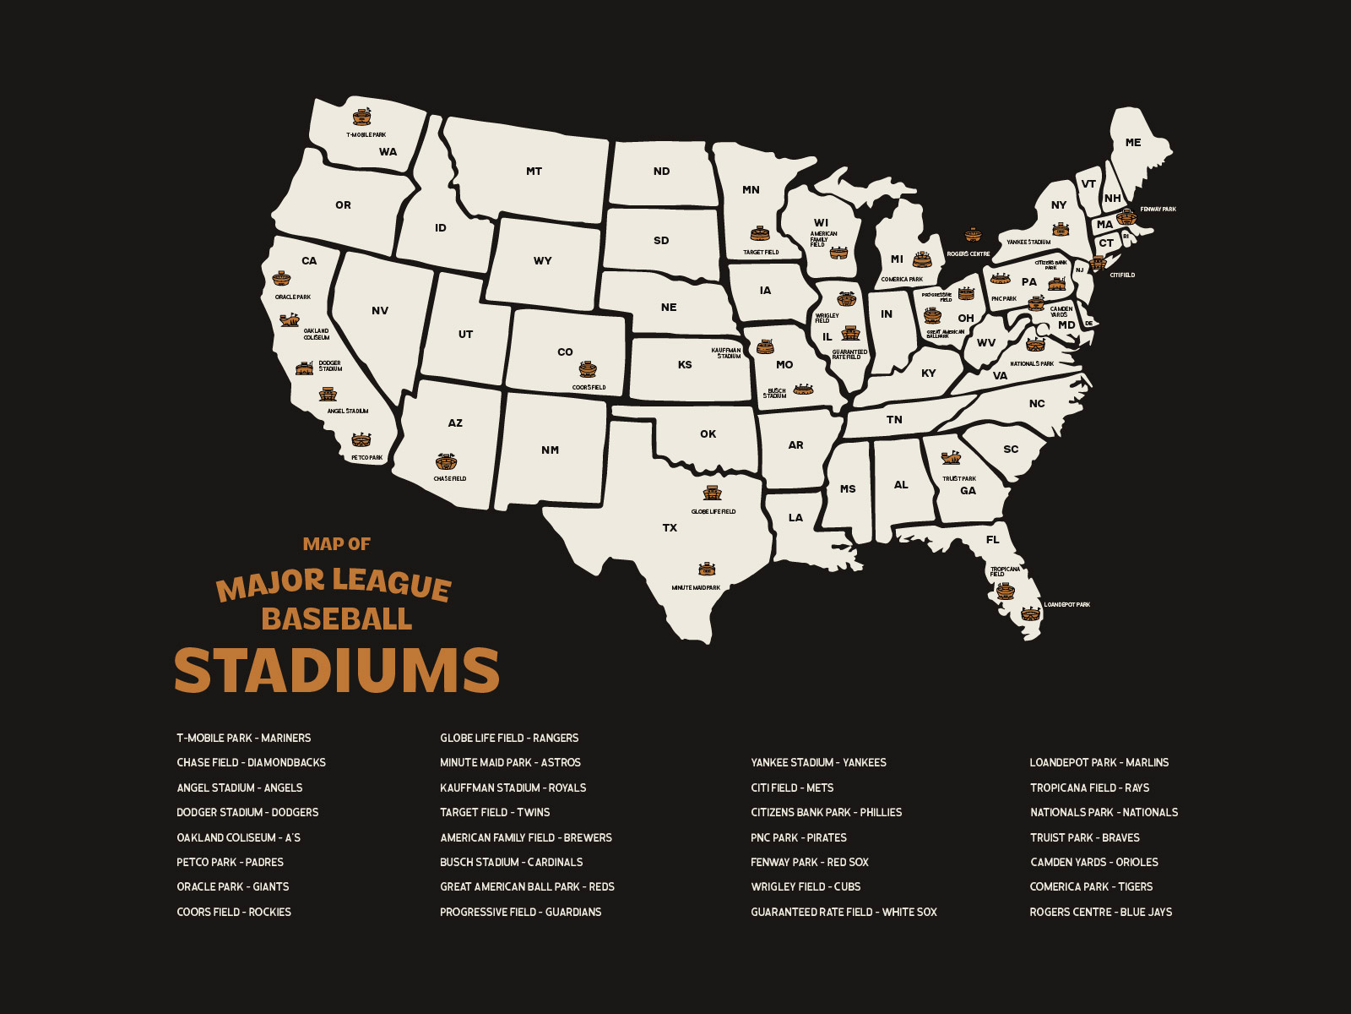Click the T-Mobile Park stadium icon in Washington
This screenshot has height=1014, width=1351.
[x=362, y=117]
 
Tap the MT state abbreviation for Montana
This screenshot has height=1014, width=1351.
[x=534, y=172]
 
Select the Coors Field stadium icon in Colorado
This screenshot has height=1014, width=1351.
[x=588, y=369]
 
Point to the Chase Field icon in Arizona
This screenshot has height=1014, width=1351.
[x=447, y=462]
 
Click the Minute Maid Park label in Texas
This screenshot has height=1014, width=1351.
[x=696, y=587]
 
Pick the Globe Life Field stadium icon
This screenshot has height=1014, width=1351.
[x=713, y=493]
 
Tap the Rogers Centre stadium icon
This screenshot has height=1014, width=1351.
[x=973, y=235]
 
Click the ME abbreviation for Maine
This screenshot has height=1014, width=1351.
[x=1133, y=143]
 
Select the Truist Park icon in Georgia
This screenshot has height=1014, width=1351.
[x=952, y=458]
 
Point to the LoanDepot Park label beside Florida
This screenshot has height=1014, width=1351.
[x=1066, y=605]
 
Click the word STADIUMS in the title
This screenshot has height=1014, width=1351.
[x=337, y=671]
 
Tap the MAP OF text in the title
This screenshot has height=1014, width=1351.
[x=337, y=544]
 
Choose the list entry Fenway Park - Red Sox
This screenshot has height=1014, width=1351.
[x=809, y=862]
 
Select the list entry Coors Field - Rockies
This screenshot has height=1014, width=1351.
[x=234, y=912]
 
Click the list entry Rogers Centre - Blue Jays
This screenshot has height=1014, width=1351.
[x=1100, y=912]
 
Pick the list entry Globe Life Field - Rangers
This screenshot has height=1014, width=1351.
[x=509, y=738]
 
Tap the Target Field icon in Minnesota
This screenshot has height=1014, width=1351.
[x=760, y=234]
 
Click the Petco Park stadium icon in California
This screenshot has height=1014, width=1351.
[x=361, y=440]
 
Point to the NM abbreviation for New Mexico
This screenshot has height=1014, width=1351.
[x=550, y=450]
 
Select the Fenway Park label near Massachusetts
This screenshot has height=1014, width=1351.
[x=1158, y=209]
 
